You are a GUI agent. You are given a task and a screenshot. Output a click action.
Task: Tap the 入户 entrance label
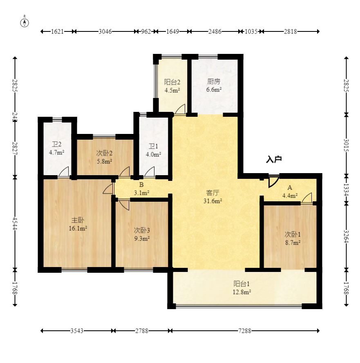click(274, 159)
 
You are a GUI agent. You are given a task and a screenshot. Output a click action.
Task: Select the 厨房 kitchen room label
click(214, 82)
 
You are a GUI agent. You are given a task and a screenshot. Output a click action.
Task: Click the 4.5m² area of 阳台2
click(172, 90)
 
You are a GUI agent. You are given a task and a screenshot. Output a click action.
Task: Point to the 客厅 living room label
click(212, 193)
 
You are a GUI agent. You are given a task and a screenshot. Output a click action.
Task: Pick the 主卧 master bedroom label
click(78, 220)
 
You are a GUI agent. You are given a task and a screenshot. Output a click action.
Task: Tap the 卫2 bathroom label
click(56, 144)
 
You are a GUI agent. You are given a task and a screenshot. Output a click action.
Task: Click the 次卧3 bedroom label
click(142, 230)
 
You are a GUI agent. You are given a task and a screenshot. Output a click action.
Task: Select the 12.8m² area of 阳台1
click(241, 292)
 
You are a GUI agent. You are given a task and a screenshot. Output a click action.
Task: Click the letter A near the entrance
click(290, 187)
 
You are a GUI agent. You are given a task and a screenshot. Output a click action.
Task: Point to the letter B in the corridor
click(141, 185)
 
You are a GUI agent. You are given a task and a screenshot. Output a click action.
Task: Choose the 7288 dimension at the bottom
click(245, 331)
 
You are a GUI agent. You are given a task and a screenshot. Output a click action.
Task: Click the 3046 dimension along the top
click(105, 31)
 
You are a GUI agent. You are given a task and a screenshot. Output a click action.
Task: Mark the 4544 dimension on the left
click(15, 223)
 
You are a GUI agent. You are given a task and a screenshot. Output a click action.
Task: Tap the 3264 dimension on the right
click(347, 236)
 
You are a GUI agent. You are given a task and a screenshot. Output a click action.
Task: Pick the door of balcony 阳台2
click(180, 109)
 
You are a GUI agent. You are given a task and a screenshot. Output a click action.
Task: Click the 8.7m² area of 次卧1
click(293, 243)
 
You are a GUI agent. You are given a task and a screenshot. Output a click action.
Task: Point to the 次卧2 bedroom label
click(104, 153)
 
